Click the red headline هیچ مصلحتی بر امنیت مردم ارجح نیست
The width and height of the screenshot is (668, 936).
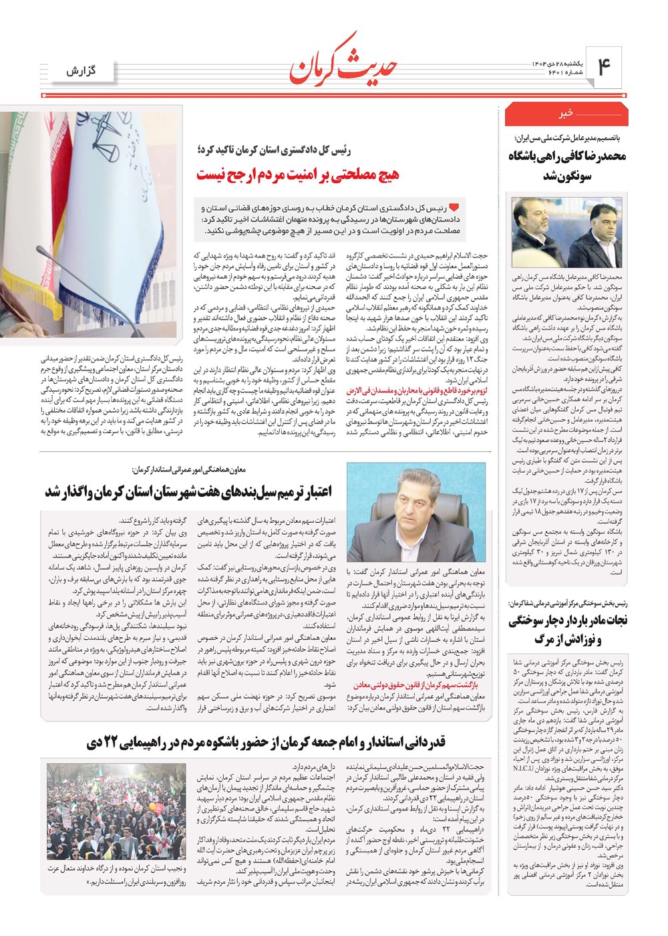click(297, 174)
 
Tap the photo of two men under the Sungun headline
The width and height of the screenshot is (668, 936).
click(566, 232)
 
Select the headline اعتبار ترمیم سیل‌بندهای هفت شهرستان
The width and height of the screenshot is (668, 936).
click(188, 491)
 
